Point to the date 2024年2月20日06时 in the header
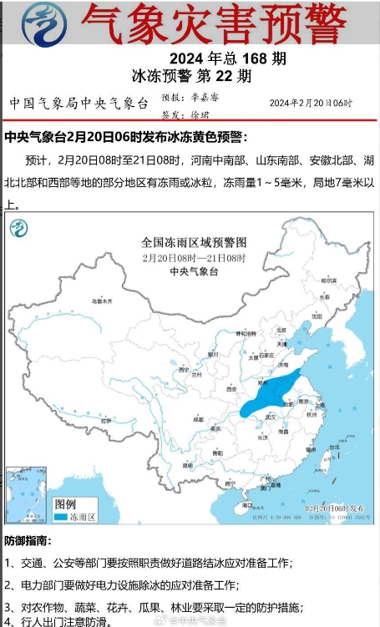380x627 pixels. tap(311, 103)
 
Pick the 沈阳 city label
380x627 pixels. tap(317, 317)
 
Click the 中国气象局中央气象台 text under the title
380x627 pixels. tap(79, 104)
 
